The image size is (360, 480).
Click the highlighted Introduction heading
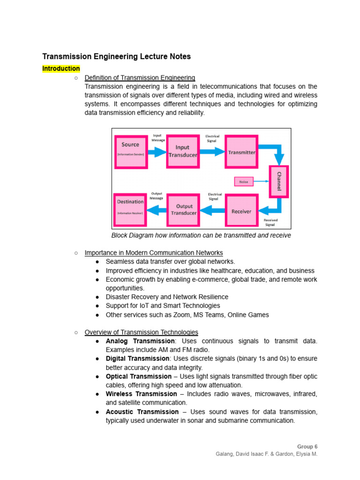tap(61, 69)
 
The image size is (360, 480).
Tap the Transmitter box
tap(241, 152)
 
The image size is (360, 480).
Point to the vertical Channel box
tap(278, 181)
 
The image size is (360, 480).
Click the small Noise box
tap(243, 181)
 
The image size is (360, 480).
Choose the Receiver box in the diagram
tap(241, 211)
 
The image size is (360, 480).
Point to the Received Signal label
tap(270, 222)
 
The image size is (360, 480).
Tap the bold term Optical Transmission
tap(139, 376)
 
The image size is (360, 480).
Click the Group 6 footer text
tap(307, 447)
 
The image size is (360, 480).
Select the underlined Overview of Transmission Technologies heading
tap(141, 332)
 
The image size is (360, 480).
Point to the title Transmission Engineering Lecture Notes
tap(117, 56)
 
